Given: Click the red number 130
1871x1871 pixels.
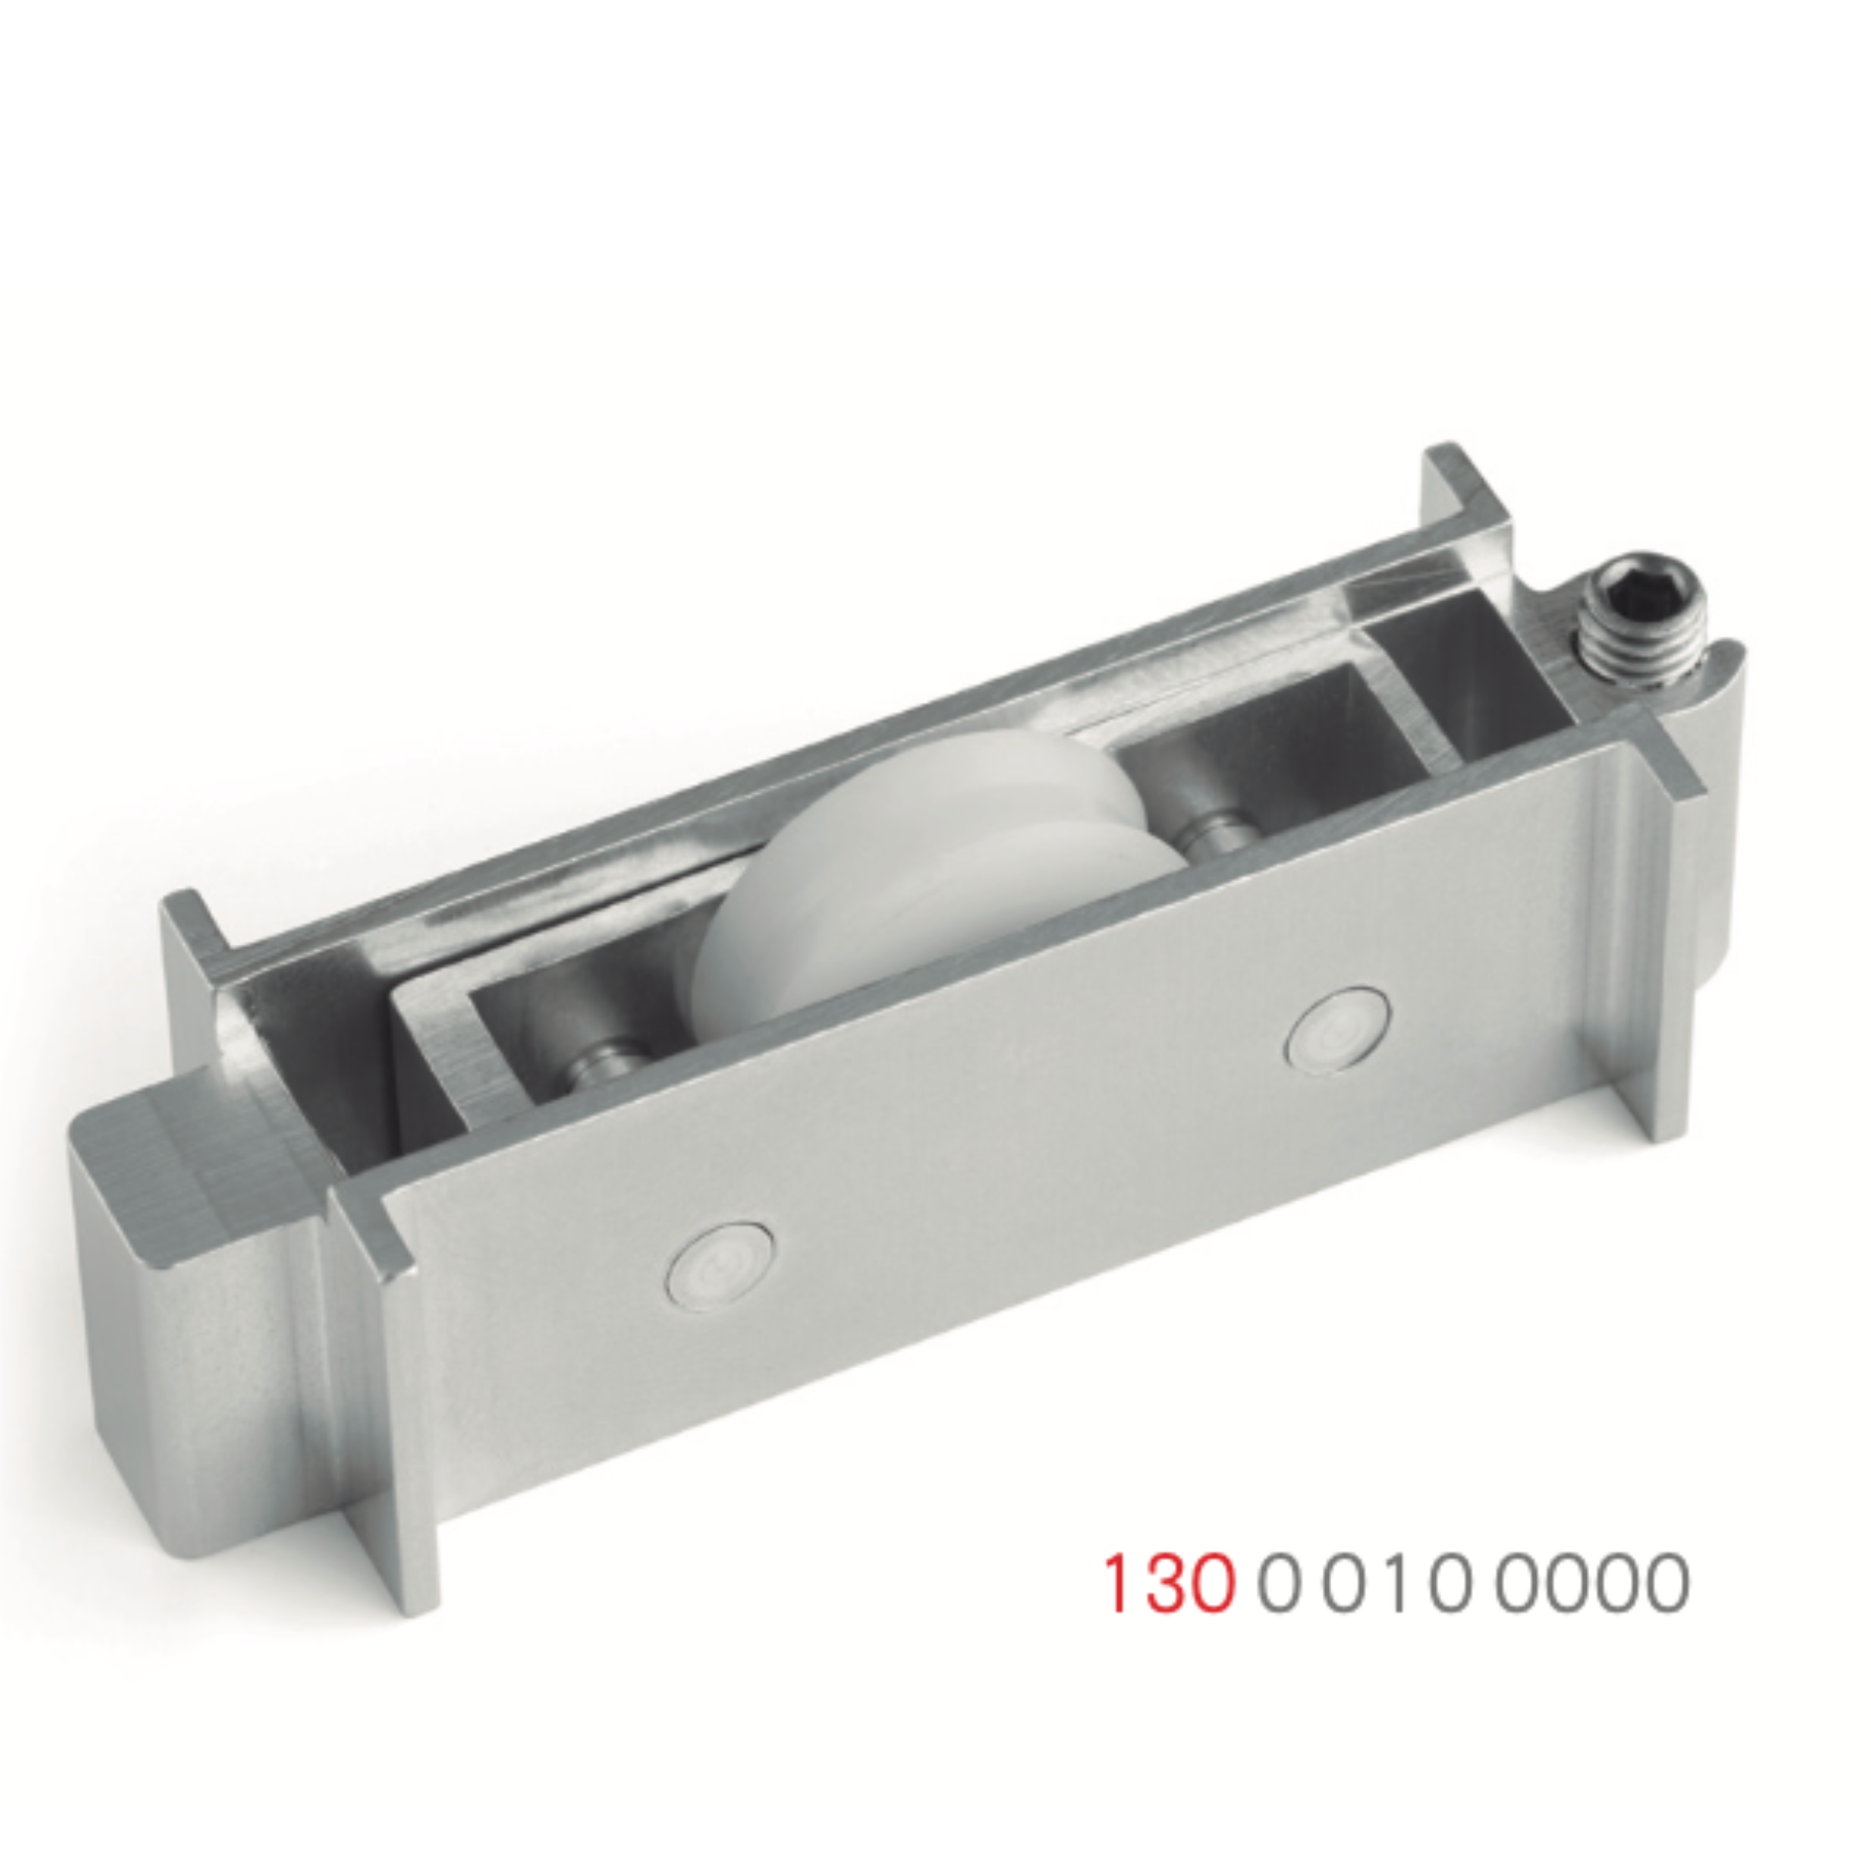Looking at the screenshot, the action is click(x=1172, y=1585).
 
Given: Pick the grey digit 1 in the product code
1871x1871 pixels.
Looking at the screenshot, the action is click(x=1395, y=1585).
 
